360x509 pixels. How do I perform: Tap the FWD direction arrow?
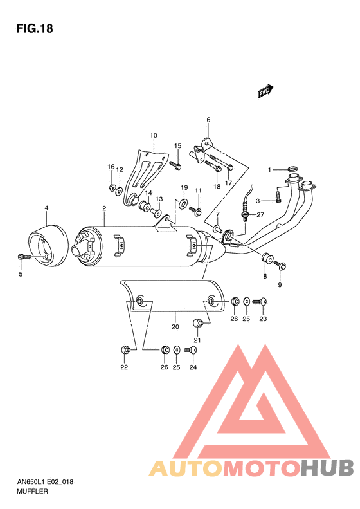[265, 92]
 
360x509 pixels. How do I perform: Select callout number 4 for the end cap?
[46, 207]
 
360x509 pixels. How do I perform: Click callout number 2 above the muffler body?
[104, 208]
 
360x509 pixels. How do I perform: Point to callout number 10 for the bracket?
[154, 136]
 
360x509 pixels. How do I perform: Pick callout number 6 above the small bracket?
[208, 120]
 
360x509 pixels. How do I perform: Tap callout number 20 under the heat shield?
[175, 327]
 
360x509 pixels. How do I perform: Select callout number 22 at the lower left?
[124, 368]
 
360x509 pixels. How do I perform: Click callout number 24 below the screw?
[192, 368]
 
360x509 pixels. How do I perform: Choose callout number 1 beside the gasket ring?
[271, 170]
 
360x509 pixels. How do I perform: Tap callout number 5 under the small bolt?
[20, 274]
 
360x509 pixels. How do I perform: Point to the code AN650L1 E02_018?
[45, 481]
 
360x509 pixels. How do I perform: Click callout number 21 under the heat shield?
[198, 340]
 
